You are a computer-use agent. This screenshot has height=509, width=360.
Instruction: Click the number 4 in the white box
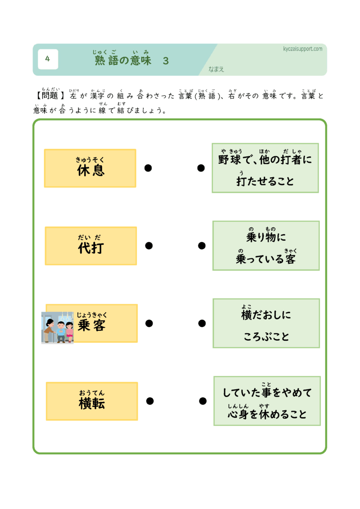tap(48, 59)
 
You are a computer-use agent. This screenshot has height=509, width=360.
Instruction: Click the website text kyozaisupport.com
tap(303, 49)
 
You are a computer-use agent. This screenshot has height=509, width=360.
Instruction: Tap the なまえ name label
tap(216, 69)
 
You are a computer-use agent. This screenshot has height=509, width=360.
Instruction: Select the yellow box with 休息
tap(90, 168)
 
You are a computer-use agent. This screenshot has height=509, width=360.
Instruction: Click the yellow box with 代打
tap(91, 246)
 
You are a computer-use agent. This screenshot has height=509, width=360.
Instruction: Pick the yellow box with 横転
tap(92, 401)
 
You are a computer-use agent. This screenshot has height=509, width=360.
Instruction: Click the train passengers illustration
tap(58, 328)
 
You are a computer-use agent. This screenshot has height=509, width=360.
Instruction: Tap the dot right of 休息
tap(148, 168)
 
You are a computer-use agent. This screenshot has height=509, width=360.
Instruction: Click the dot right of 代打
tap(149, 246)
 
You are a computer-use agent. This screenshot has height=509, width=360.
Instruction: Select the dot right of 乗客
tap(149, 323)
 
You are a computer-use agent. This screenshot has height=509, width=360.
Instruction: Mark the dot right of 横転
tap(150, 401)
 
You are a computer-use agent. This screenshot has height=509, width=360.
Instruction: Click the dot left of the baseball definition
tap(201, 168)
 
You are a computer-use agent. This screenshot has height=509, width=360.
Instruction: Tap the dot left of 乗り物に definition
tap(202, 246)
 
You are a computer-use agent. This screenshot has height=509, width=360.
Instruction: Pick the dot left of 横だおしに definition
tap(202, 323)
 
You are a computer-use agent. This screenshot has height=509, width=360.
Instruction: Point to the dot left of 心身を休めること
tap(203, 401)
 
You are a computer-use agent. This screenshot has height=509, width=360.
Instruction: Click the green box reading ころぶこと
tap(266, 323)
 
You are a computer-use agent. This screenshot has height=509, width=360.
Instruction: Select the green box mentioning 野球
tap(265, 168)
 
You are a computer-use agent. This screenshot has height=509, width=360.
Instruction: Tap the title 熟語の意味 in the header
tap(123, 60)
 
